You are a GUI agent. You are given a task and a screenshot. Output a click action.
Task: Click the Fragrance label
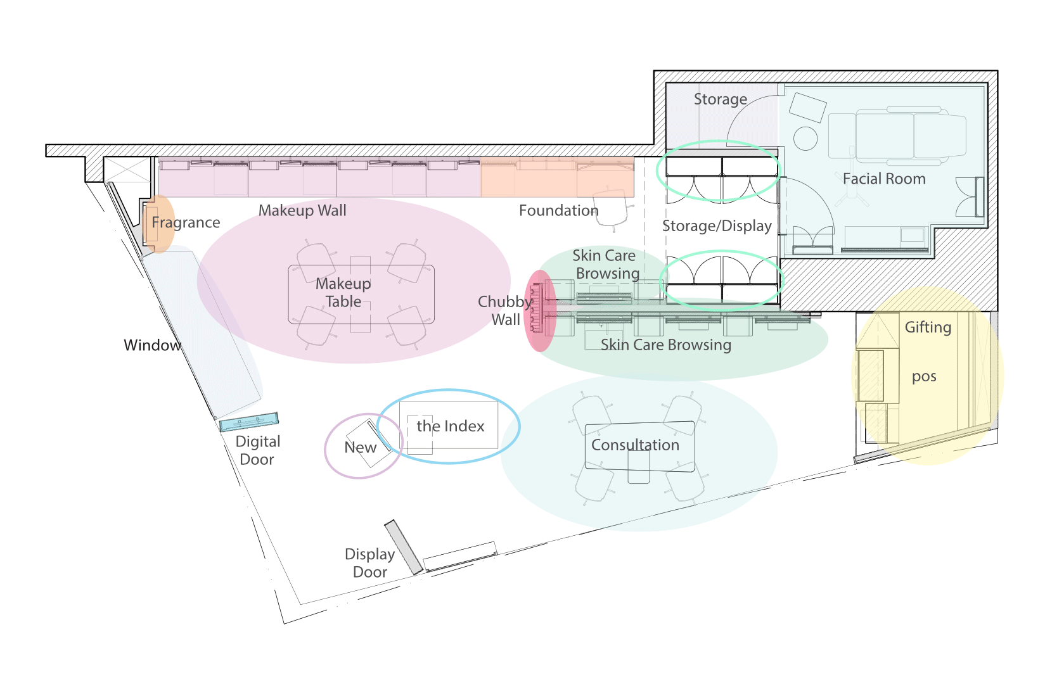click(186, 223)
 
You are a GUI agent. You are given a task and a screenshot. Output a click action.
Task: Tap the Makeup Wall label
click(302, 210)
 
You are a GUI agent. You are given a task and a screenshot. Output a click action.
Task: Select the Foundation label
click(559, 210)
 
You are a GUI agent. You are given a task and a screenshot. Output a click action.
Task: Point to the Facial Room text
click(884, 179)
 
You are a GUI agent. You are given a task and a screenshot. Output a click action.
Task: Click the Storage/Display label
click(717, 226)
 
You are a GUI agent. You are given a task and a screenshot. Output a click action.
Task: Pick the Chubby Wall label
click(506, 310)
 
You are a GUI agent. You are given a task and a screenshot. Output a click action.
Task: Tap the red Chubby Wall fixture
click(540, 310)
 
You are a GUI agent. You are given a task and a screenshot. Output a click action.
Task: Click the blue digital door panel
click(249, 422)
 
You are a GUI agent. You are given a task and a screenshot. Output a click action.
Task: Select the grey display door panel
click(404, 547)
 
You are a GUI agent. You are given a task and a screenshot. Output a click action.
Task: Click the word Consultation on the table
click(635, 445)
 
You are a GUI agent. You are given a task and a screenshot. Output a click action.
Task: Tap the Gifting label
click(928, 327)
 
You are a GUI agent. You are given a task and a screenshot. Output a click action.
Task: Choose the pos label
click(924, 377)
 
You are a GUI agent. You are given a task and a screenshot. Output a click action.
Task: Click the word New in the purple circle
click(360, 447)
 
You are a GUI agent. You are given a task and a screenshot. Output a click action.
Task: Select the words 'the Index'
click(450, 426)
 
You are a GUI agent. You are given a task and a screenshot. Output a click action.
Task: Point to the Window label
click(152, 345)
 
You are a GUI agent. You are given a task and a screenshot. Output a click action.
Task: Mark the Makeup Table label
click(343, 293)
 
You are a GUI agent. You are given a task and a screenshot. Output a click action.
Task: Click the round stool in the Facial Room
click(805, 139)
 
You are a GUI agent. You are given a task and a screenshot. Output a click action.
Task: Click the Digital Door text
click(257, 450)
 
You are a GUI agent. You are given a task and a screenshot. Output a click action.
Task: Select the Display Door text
click(370, 563)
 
